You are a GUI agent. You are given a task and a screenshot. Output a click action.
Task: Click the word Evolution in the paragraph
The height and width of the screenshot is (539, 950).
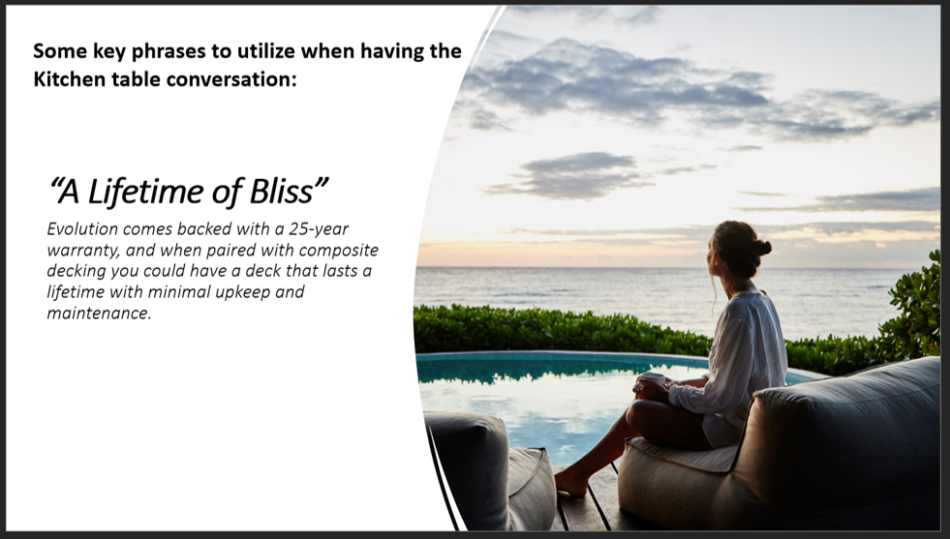tap(82, 229)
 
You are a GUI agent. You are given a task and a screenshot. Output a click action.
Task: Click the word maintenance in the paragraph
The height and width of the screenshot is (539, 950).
tap(98, 314)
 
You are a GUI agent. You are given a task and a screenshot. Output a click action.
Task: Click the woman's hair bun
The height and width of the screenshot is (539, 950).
tap(762, 247)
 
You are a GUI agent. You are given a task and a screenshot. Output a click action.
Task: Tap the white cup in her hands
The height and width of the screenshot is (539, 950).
tap(653, 378)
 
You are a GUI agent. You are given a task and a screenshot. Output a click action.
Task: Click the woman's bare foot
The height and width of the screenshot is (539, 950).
tap(571, 483)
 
